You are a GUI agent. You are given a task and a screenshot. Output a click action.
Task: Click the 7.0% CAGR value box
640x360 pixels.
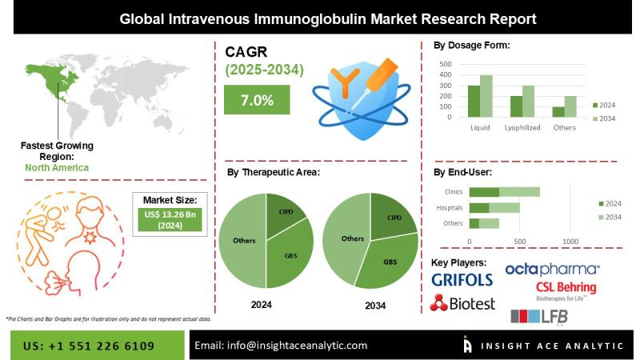point(257,100)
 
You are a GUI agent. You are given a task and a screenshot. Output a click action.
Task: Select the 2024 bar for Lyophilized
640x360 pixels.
point(516,107)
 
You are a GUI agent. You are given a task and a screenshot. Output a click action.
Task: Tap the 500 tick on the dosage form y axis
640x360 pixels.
point(446,64)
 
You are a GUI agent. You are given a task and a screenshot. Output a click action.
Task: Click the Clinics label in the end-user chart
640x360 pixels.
point(453,192)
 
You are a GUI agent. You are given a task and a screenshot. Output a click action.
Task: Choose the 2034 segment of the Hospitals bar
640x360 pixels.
point(504,207)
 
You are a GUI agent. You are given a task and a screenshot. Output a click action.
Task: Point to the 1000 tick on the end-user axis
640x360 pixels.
point(570,241)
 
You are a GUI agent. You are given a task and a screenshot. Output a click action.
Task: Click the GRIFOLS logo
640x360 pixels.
point(463,280)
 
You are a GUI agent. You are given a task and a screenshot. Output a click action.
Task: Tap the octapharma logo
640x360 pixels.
point(552,269)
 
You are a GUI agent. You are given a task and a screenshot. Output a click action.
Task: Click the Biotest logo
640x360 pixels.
point(462,303)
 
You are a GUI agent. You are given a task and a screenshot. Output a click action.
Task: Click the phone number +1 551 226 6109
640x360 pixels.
point(90,345)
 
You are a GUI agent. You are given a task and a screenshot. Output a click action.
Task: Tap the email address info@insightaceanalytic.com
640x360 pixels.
point(281,345)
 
